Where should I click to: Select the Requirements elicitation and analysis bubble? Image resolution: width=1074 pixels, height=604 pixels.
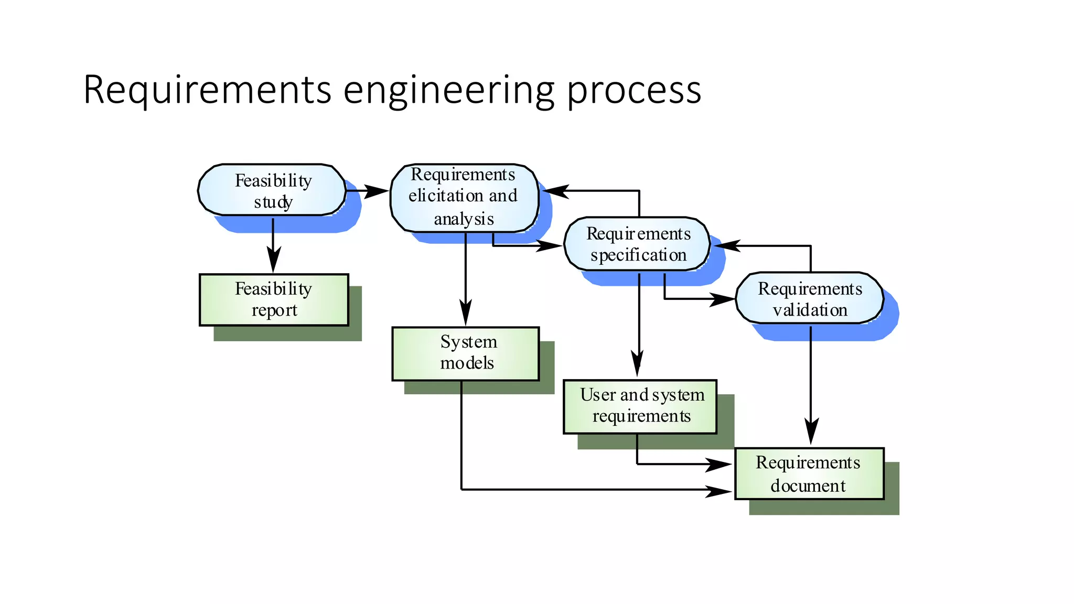point(464,198)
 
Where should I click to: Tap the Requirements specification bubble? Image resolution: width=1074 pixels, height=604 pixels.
point(637,244)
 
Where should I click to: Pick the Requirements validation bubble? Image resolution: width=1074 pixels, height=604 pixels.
point(809,298)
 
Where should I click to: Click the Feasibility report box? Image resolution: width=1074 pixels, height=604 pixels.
point(274,299)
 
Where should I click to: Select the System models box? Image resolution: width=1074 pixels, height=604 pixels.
point(466,353)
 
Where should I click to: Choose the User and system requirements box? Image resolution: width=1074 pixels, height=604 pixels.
point(640,406)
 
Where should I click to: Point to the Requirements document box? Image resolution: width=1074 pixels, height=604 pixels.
point(809,473)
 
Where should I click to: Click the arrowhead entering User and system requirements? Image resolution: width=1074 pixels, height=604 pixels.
point(638,363)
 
